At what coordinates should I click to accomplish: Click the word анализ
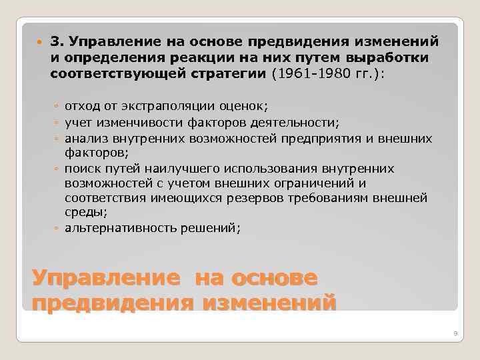pyautogui.click(x=86, y=138)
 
